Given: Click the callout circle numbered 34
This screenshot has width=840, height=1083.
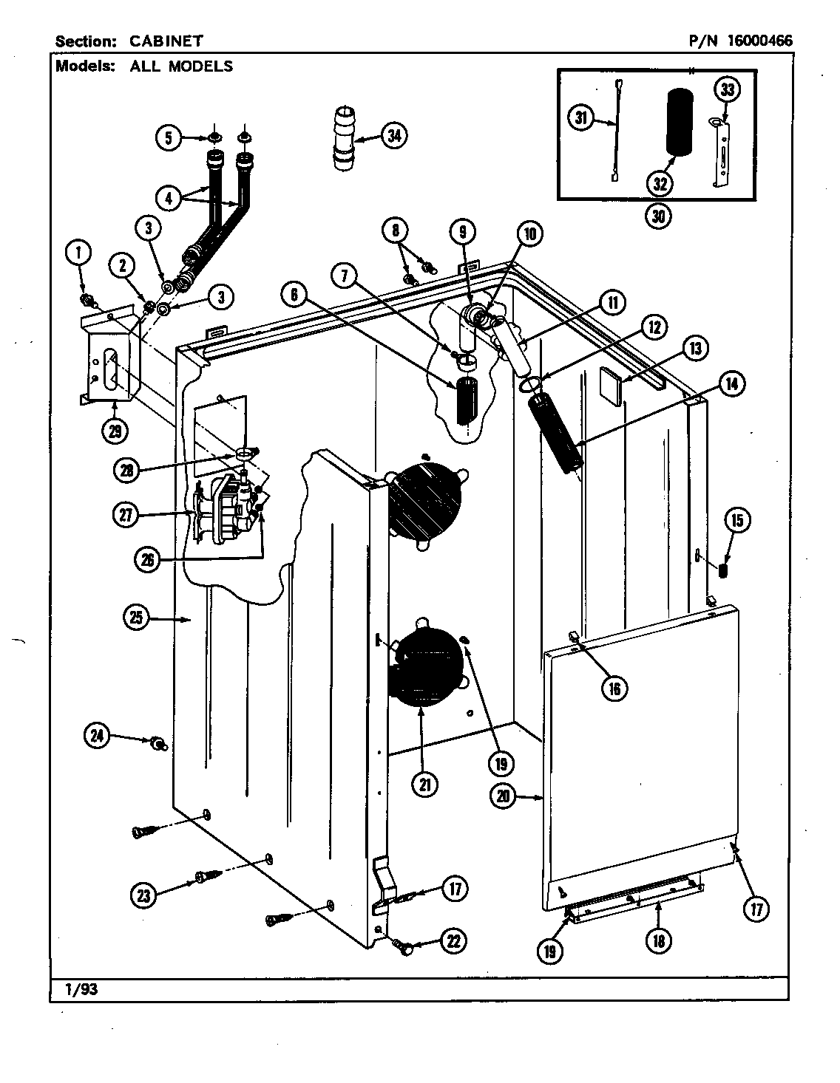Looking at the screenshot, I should (x=395, y=134).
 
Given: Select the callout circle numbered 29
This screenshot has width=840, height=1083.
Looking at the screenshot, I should (x=115, y=431).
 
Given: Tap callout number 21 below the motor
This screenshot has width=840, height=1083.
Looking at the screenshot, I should (x=424, y=785).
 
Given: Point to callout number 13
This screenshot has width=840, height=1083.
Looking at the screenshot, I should (x=696, y=348).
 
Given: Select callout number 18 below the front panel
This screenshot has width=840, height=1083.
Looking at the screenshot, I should (x=658, y=940).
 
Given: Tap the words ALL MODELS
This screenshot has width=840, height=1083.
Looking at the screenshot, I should (x=181, y=66).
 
